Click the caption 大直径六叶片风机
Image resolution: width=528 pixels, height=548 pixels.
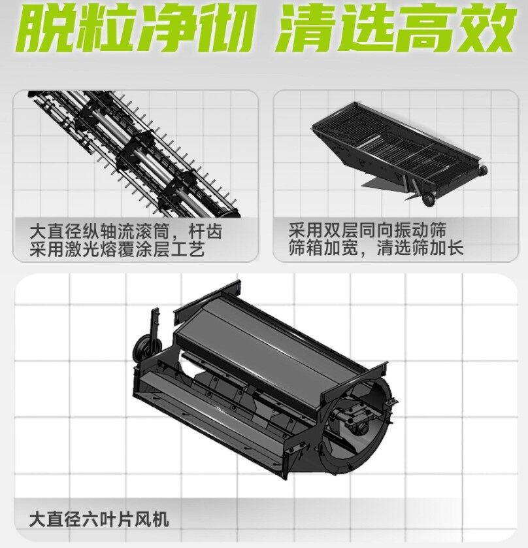[99, 519]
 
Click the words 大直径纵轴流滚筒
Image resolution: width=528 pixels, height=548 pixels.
[99, 231]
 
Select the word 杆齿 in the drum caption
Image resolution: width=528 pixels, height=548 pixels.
[205, 231]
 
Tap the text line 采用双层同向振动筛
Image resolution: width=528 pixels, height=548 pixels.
[367, 230]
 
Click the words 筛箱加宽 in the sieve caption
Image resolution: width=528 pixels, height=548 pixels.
[323, 248]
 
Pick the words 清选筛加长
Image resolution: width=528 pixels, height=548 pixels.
[420, 248]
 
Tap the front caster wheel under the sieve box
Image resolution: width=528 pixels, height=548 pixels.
[429, 199]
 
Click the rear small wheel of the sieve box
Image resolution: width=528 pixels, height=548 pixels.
[483, 171]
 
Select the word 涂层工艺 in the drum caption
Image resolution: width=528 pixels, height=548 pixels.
[170, 250]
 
